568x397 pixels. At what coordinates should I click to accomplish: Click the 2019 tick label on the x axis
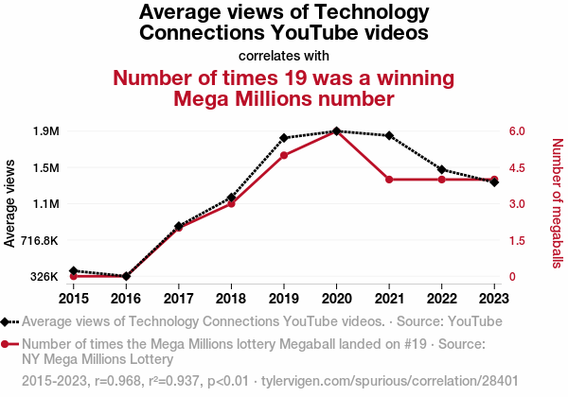tap(284, 298)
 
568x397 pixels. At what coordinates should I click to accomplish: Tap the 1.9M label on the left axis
tap(45, 131)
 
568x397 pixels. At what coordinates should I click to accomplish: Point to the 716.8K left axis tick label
tap(39, 240)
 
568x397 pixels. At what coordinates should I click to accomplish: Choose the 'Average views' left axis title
tap(10, 204)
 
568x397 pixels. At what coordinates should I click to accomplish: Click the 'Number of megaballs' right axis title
tap(557, 202)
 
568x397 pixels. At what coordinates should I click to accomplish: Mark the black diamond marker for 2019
tap(284, 138)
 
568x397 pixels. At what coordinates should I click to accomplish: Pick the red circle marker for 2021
tap(389, 180)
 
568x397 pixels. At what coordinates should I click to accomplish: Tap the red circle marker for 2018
tap(231, 203)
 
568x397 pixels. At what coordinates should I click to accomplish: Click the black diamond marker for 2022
tap(442, 169)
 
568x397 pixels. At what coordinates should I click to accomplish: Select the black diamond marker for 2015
tap(73, 271)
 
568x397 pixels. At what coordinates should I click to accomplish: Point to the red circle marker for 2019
tap(284, 155)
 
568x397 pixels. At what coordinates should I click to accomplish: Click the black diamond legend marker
tap(8, 321)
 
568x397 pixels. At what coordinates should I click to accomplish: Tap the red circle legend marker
tap(8, 344)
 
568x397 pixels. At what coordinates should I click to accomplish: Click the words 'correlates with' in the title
tap(284, 55)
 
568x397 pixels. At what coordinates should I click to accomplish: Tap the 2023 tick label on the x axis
tap(494, 298)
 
